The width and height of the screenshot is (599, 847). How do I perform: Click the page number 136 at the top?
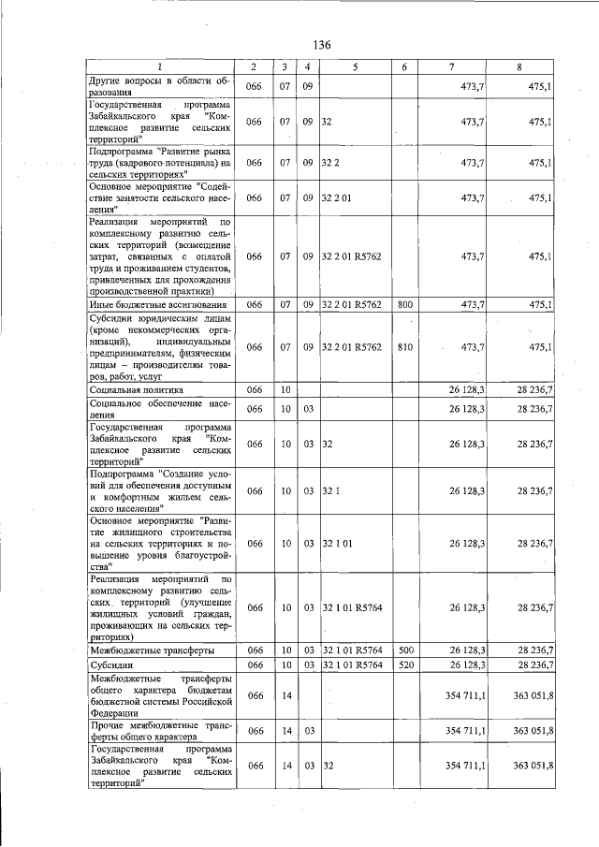[x=322, y=45]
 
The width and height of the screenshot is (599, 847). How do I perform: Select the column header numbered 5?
[x=355, y=68]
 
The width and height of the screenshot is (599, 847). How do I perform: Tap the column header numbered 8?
[x=520, y=68]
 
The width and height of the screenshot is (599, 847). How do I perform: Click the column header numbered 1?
[x=159, y=68]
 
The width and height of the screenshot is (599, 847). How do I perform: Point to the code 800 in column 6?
[x=404, y=304]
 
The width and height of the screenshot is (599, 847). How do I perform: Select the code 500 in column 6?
[x=404, y=649]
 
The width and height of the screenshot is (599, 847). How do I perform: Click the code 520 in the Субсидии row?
[x=404, y=664]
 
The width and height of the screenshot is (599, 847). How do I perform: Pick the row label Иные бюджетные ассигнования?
[x=157, y=304]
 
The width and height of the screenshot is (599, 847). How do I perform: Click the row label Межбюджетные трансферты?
[x=152, y=649]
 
